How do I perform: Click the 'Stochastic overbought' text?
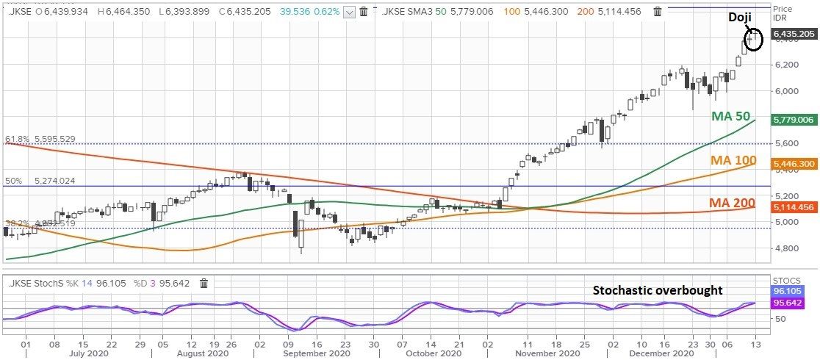(x=658, y=290)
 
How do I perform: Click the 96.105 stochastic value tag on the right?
(x=793, y=291)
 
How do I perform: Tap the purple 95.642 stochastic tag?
(x=793, y=303)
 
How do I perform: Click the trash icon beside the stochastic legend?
(x=204, y=284)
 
